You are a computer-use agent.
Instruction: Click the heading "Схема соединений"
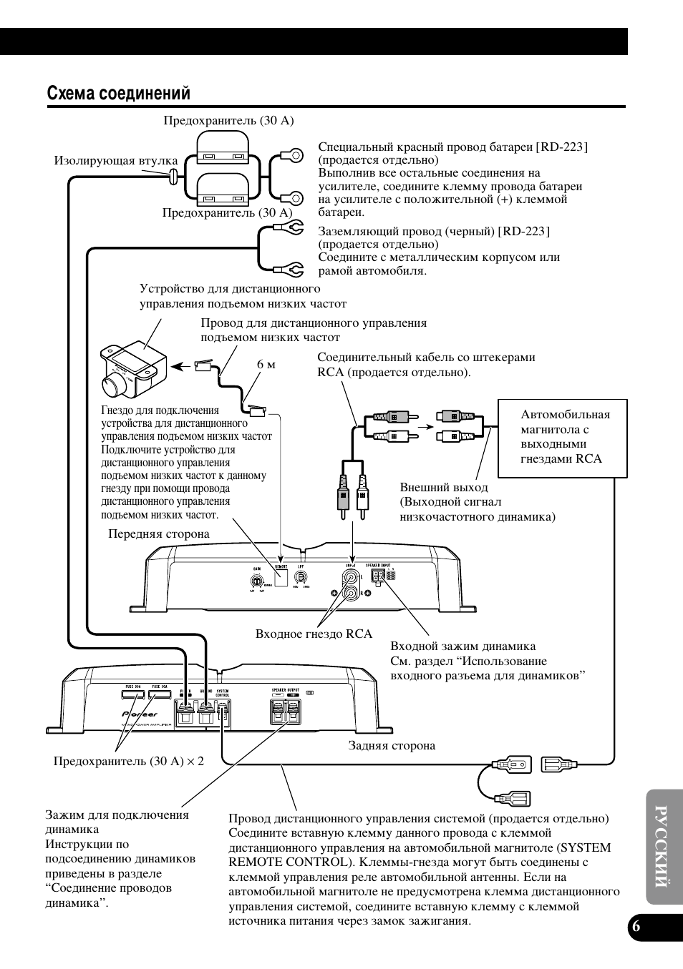pos(119,94)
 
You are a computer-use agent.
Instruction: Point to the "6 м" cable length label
pos(266,365)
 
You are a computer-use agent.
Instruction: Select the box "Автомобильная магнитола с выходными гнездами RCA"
pos(562,438)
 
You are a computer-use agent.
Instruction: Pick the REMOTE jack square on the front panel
pos(281,576)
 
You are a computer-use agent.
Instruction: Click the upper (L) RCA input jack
pos(351,575)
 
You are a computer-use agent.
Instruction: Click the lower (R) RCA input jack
pos(351,592)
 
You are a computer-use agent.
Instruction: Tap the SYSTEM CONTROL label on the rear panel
pos(223,693)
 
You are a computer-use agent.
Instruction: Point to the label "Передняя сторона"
pos(159,534)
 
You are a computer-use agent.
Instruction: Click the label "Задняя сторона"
pos(392,746)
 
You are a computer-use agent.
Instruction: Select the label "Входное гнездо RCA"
pos(314,634)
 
